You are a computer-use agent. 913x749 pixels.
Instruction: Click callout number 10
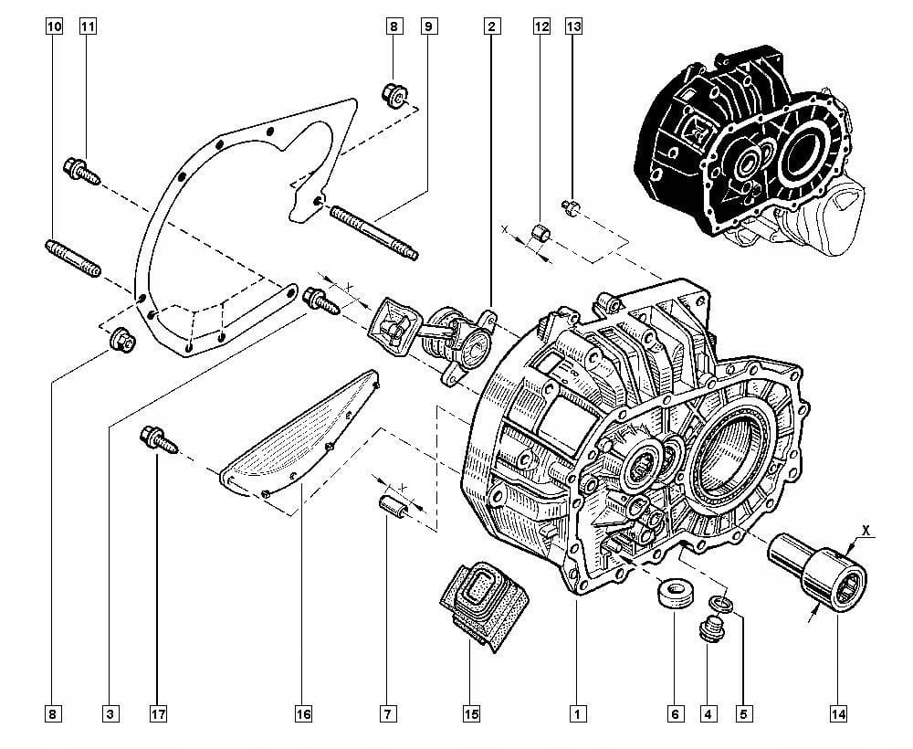[x=54, y=26]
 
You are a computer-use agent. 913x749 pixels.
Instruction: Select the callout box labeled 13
[x=573, y=26]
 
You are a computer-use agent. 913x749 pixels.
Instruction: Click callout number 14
[x=838, y=712]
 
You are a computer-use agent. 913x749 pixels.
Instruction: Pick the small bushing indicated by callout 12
[x=542, y=232]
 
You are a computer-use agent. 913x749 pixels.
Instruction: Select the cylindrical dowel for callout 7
[x=392, y=505]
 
